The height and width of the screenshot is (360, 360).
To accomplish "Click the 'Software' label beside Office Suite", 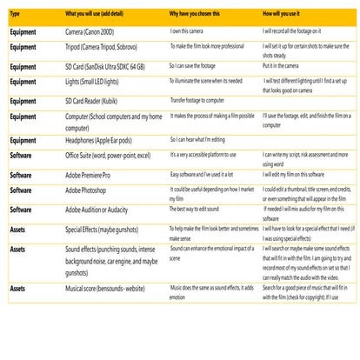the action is coord(23,154).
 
